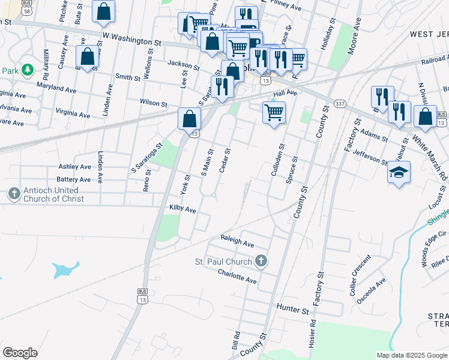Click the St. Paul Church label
click(223, 262)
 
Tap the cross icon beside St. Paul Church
click(261, 261)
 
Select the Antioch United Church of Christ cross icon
click(14, 194)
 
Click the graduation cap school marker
click(399, 173)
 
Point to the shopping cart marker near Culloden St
click(274, 112)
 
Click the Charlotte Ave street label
click(237, 277)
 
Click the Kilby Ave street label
click(182, 209)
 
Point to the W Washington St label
click(132, 41)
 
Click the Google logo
click(20, 352)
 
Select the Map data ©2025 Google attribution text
click(411, 355)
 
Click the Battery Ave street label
click(73, 179)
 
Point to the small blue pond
click(65, 269)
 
